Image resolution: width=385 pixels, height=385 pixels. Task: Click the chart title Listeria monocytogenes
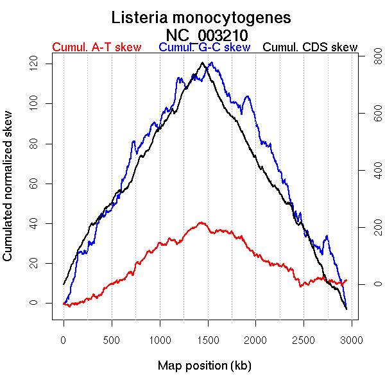pyautogui.click(x=201, y=17)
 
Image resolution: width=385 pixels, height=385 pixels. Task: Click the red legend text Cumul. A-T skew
pyautogui.click(x=97, y=47)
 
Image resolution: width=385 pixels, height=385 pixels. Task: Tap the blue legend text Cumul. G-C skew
pyautogui.click(x=204, y=47)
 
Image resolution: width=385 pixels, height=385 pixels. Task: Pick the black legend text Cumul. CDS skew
pyautogui.click(x=311, y=47)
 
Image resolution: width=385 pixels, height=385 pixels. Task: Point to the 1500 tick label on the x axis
pyautogui.click(x=207, y=338)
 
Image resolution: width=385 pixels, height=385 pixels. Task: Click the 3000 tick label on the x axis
pyautogui.click(x=352, y=338)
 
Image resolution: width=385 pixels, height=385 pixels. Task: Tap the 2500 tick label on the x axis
pyautogui.click(x=304, y=338)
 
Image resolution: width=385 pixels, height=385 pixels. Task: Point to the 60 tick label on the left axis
pyautogui.click(x=37, y=183)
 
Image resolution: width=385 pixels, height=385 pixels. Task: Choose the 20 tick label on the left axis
pyautogui.click(x=37, y=263)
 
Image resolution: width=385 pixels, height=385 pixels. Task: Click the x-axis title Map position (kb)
pyautogui.click(x=204, y=366)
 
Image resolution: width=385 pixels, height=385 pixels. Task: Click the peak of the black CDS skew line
pyautogui.click(x=203, y=62)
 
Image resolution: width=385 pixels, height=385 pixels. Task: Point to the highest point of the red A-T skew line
pyautogui.click(x=201, y=223)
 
